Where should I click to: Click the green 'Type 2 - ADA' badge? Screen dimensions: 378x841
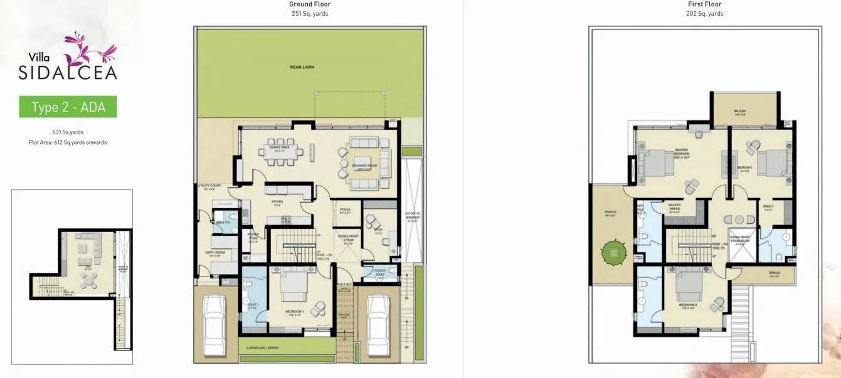click(68, 107)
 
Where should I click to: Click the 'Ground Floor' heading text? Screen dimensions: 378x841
click(310, 4)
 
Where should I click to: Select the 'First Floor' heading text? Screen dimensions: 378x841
click(704, 4)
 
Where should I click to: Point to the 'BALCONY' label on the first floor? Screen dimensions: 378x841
click(740, 112)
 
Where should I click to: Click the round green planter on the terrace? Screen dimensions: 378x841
click(613, 253)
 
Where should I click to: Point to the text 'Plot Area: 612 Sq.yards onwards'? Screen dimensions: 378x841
click(67, 142)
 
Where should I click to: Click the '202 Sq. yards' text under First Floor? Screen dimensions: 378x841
click(704, 14)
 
